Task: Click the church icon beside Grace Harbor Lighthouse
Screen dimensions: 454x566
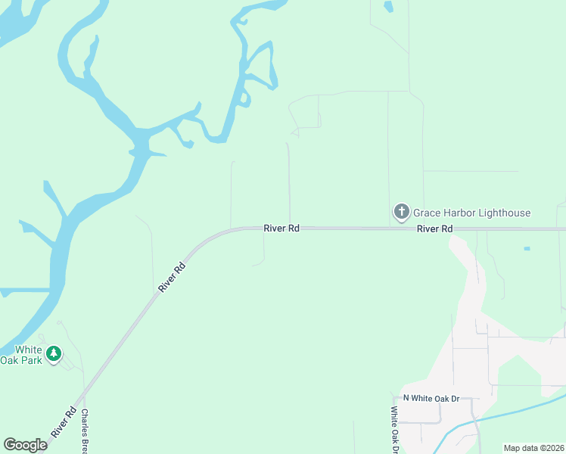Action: pyautogui.click(x=401, y=213)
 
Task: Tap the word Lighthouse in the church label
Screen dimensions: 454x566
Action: pyautogui.click(x=502, y=213)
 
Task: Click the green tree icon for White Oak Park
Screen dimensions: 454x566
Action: pyautogui.click(x=53, y=353)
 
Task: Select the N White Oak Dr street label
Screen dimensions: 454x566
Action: pyautogui.click(x=431, y=398)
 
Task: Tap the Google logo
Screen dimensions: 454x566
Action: pyautogui.click(x=25, y=445)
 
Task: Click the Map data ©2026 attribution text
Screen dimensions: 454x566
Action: pyautogui.click(x=533, y=448)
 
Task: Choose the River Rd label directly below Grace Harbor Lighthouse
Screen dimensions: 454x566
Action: pyautogui.click(x=435, y=229)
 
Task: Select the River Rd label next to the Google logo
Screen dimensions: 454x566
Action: pyautogui.click(x=65, y=421)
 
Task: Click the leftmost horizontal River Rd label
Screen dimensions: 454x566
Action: pyautogui.click(x=281, y=228)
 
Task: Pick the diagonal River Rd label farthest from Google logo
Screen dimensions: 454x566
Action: pyautogui.click(x=172, y=278)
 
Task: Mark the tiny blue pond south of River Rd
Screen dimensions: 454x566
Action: pyautogui.click(x=527, y=249)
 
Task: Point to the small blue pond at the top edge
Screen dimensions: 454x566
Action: pyautogui.click(x=388, y=7)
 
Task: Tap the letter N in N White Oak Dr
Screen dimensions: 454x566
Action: pyautogui.click(x=406, y=398)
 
